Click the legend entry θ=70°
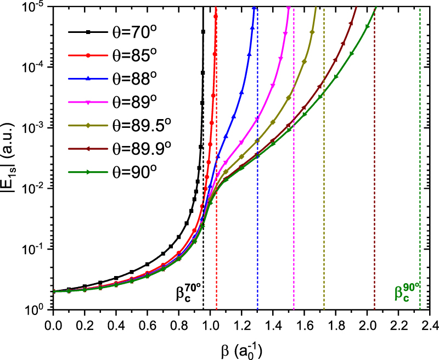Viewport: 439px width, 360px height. pos(112,32)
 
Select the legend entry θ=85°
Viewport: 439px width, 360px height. pos(112,55)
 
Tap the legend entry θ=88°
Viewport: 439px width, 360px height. pos(112,78)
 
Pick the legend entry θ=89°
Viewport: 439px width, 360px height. pos(112,102)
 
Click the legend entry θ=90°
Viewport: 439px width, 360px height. pos(112,172)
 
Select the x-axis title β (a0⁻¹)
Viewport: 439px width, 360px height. pos(241,351)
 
